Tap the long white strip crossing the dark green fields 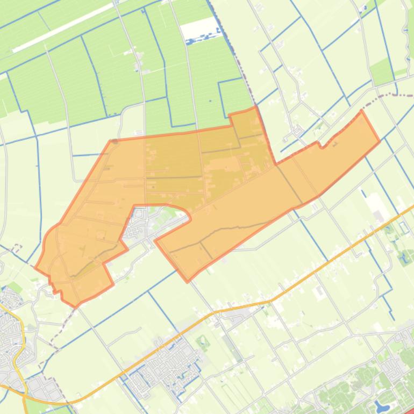(x=65, y=32)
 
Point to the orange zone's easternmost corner (x=380, y=141)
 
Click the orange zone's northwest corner (x=111, y=141)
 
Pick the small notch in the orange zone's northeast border (x=320, y=144)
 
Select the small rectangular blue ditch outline (x=404, y=227)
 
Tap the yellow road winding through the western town (x=19, y=344)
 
